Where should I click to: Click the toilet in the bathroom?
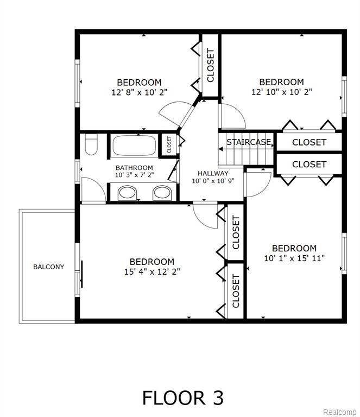pyautogui.click(x=91, y=144)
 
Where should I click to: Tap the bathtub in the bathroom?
pyautogui.click(x=135, y=145)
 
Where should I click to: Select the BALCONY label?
pyautogui.click(x=49, y=267)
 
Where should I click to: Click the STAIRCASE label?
pyautogui.click(x=249, y=142)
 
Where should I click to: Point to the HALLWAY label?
pyautogui.click(x=213, y=173)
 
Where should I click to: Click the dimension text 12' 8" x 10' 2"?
pyautogui.click(x=140, y=92)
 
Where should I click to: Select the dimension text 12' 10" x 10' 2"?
pyautogui.click(x=282, y=92)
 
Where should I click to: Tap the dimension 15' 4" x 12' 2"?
pyautogui.click(x=152, y=272)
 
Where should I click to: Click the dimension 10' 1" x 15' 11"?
pyautogui.click(x=294, y=258)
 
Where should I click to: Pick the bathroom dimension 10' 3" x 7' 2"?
pyautogui.click(x=135, y=175)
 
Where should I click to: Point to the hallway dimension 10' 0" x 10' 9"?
pyautogui.click(x=213, y=181)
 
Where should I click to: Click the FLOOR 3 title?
pyautogui.click(x=183, y=398)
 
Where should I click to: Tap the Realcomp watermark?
pyautogui.click(x=339, y=412)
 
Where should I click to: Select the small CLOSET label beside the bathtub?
pyautogui.click(x=169, y=144)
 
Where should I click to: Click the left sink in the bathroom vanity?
pyautogui.click(x=127, y=193)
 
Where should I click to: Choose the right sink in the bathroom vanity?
pyautogui.click(x=162, y=193)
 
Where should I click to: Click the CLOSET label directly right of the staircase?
pyautogui.click(x=309, y=142)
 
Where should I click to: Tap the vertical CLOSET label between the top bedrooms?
pyautogui.click(x=210, y=65)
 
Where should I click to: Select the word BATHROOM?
pyautogui.click(x=134, y=168)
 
